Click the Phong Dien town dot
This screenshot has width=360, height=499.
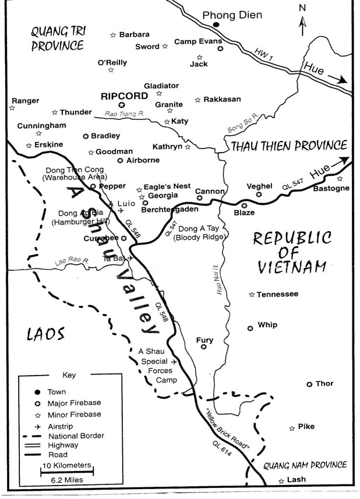(216, 24)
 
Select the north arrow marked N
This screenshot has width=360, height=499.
(302, 22)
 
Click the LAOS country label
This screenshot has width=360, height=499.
(44, 334)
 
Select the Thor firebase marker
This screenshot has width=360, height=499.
(309, 384)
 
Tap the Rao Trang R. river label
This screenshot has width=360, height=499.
(123, 115)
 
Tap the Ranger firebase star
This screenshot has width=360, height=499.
(12, 108)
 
